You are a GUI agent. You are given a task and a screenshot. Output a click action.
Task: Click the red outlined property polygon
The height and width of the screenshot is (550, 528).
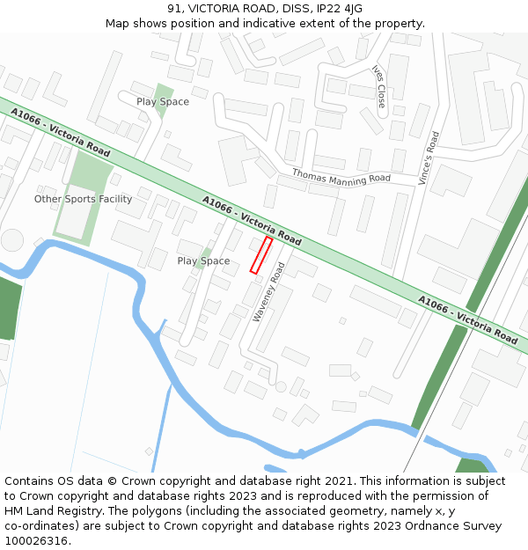(261, 255)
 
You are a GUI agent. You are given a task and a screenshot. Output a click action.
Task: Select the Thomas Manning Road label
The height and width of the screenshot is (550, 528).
(341, 177)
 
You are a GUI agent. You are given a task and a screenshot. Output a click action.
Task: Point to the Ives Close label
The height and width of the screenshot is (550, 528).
(379, 86)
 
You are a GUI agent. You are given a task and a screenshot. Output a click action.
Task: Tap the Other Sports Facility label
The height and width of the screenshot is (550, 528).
(83, 199)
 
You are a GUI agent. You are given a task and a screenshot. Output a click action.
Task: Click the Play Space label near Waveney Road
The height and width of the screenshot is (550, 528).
(203, 261)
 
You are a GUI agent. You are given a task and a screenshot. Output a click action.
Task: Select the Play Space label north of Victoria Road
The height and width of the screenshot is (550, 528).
(163, 102)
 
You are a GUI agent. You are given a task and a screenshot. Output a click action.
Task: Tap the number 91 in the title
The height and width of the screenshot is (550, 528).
(173, 9)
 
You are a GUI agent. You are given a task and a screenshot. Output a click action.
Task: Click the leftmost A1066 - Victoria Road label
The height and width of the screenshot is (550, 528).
(60, 133)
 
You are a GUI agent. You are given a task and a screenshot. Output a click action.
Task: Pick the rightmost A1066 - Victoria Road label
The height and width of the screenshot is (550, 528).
(467, 320)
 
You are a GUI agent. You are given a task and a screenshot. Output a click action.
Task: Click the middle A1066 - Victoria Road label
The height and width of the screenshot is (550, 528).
(252, 221)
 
